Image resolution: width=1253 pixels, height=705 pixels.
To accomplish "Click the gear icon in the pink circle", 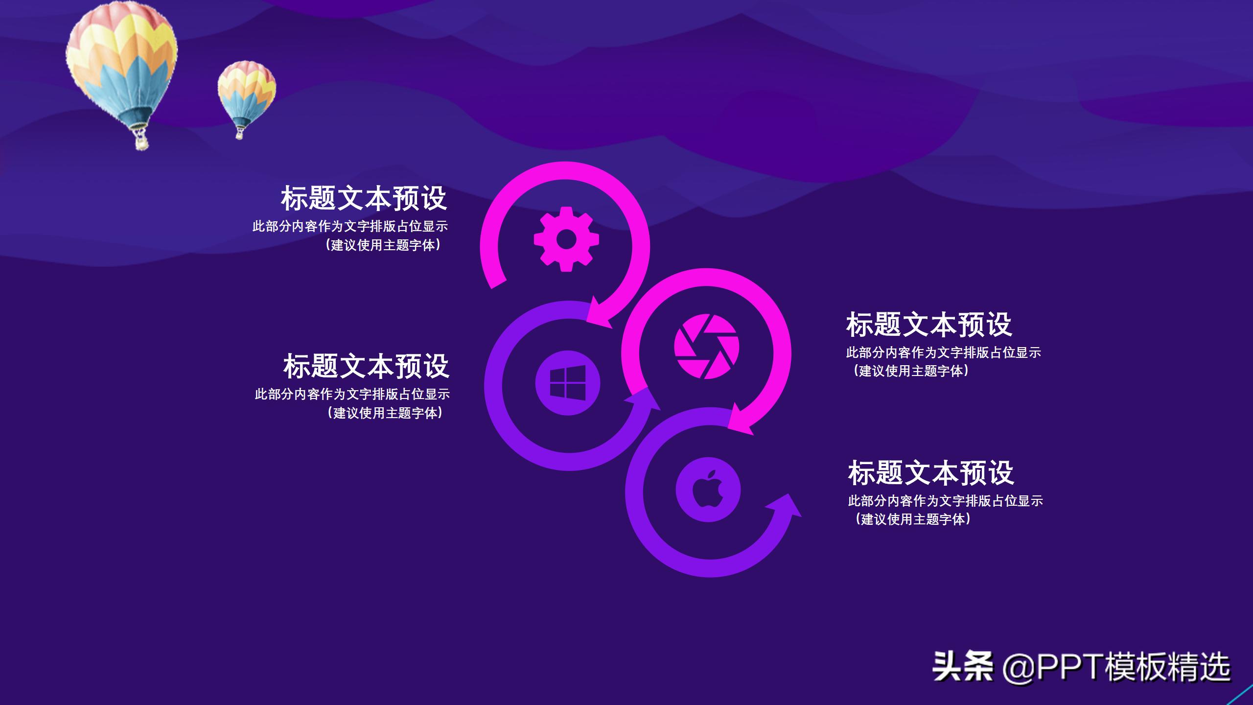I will click(566, 239).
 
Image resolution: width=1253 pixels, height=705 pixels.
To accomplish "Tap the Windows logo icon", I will click(568, 383).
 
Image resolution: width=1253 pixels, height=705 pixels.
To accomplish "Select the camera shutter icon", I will click(706, 346).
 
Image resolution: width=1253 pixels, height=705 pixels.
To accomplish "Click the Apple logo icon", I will click(708, 489).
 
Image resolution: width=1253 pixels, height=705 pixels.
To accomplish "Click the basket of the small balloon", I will click(240, 133).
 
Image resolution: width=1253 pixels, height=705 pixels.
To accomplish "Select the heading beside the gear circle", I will click(364, 198).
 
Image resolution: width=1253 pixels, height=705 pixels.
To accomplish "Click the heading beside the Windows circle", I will click(366, 366).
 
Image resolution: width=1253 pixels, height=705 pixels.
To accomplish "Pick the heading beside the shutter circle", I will click(928, 324).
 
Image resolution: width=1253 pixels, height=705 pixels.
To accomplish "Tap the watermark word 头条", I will click(962, 666).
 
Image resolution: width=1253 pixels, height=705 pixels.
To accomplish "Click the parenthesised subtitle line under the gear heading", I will click(383, 245).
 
